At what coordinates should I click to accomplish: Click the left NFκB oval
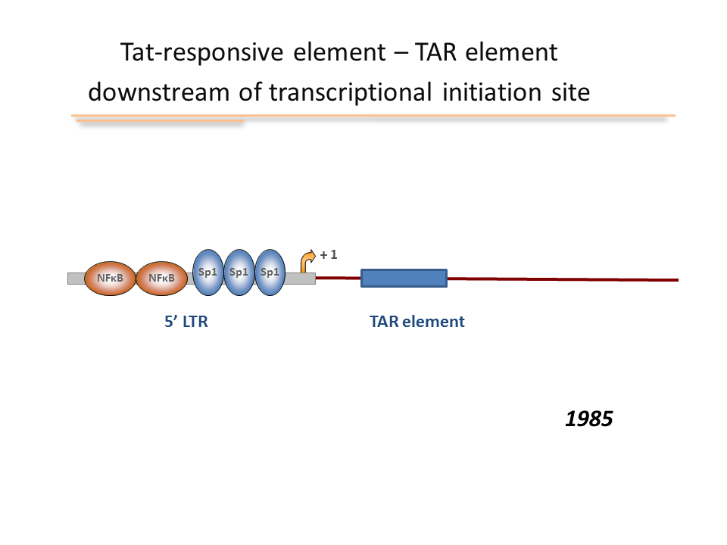pos(110,278)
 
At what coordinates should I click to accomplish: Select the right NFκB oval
pos(161,278)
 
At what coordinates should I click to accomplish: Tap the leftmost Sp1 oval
pos(207,272)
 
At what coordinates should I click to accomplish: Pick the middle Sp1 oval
pos(239,272)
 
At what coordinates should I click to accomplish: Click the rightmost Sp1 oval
pos(270,272)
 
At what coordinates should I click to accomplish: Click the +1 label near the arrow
pos(329,254)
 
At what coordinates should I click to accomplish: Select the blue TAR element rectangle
pos(404,278)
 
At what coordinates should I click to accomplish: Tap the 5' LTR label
pos(186,322)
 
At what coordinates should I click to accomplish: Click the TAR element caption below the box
pos(417,322)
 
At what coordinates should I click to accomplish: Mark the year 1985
pos(589,419)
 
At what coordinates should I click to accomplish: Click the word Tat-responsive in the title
pos(201,52)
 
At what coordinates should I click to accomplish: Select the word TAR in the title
pos(436,51)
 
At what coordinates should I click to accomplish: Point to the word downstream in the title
pos(158,92)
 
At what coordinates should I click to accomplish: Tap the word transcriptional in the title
pos(351,92)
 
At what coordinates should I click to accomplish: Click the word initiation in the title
pos(491,92)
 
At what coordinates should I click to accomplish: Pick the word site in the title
pos(570,92)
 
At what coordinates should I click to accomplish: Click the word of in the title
pos(250,92)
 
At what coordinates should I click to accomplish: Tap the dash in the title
pos(400,53)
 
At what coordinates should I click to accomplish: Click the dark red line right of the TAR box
pos(563,279)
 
